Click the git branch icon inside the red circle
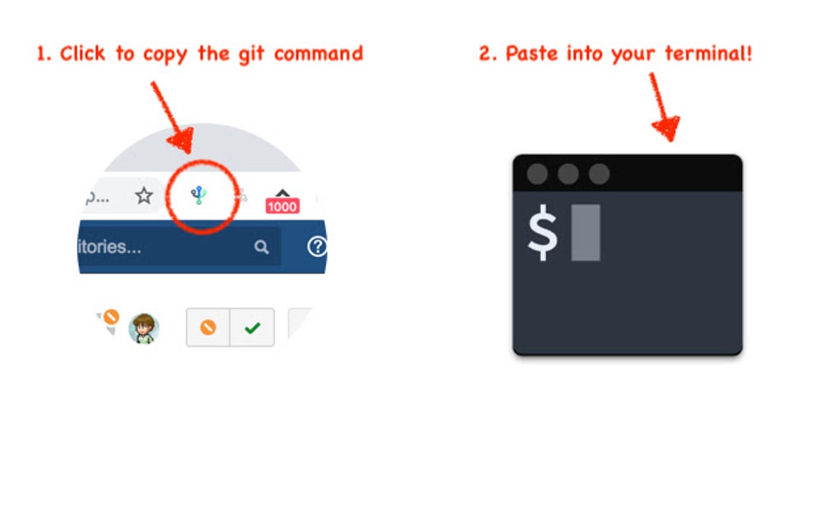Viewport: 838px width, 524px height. click(x=199, y=195)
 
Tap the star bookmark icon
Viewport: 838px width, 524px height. click(x=144, y=195)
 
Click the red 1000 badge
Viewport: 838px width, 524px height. click(x=282, y=206)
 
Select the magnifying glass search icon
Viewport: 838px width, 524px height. click(x=261, y=246)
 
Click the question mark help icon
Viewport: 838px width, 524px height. click(x=317, y=246)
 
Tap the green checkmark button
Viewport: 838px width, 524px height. click(x=252, y=328)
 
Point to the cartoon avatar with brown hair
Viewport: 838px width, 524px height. click(x=145, y=329)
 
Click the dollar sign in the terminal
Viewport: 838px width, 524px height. click(x=542, y=233)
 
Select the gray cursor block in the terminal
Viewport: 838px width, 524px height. click(x=586, y=232)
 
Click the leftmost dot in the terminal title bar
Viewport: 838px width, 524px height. click(x=537, y=174)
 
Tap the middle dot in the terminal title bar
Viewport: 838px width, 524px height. click(x=569, y=174)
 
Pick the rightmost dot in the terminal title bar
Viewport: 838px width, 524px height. click(x=600, y=174)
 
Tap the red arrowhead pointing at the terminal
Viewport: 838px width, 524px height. click(x=665, y=127)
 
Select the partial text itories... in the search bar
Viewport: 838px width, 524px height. click(x=108, y=246)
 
